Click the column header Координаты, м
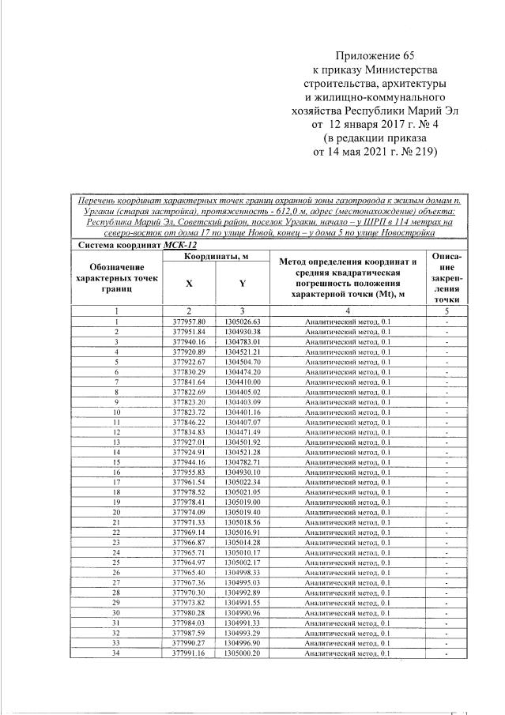(x=217, y=257)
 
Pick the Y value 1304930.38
(x=242, y=332)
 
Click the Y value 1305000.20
(x=242, y=654)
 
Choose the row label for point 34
(x=116, y=654)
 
